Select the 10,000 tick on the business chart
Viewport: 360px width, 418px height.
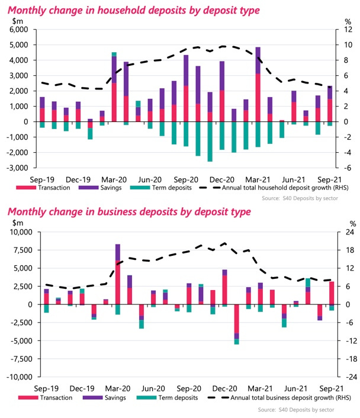point(18,232)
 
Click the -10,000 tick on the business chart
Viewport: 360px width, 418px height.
point(17,377)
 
